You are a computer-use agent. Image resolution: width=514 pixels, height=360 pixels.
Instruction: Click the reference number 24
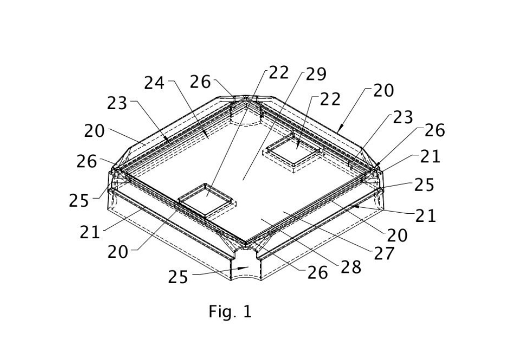click(x=154, y=83)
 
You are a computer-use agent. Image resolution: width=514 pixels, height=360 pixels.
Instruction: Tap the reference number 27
click(x=385, y=253)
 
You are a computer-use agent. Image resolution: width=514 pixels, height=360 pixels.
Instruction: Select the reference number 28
click(x=351, y=267)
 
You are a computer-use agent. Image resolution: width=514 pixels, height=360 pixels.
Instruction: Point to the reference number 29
click(x=316, y=74)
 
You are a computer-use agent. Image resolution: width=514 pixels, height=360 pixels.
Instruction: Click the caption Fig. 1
click(x=230, y=312)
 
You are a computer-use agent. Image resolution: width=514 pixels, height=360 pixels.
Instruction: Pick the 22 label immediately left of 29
click(x=279, y=73)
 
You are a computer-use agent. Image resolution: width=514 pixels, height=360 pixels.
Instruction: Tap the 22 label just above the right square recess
click(x=330, y=99)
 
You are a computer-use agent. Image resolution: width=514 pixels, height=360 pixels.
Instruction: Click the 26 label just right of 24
click(x=200, y=82)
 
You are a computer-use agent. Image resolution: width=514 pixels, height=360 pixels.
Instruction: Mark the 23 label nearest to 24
click(x=117, y=103)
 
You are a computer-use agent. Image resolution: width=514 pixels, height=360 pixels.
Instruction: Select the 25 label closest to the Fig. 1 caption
click(x=178, y=277)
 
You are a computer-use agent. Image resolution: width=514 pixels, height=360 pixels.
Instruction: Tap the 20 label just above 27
click(x=397, y=235)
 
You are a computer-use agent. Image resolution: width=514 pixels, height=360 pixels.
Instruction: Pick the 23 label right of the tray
click(x=402, y=118)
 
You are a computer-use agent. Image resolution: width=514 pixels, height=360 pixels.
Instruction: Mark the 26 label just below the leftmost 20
click(x=87, y=161)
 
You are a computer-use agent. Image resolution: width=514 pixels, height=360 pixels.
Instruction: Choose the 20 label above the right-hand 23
click(x=383, y=91)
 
